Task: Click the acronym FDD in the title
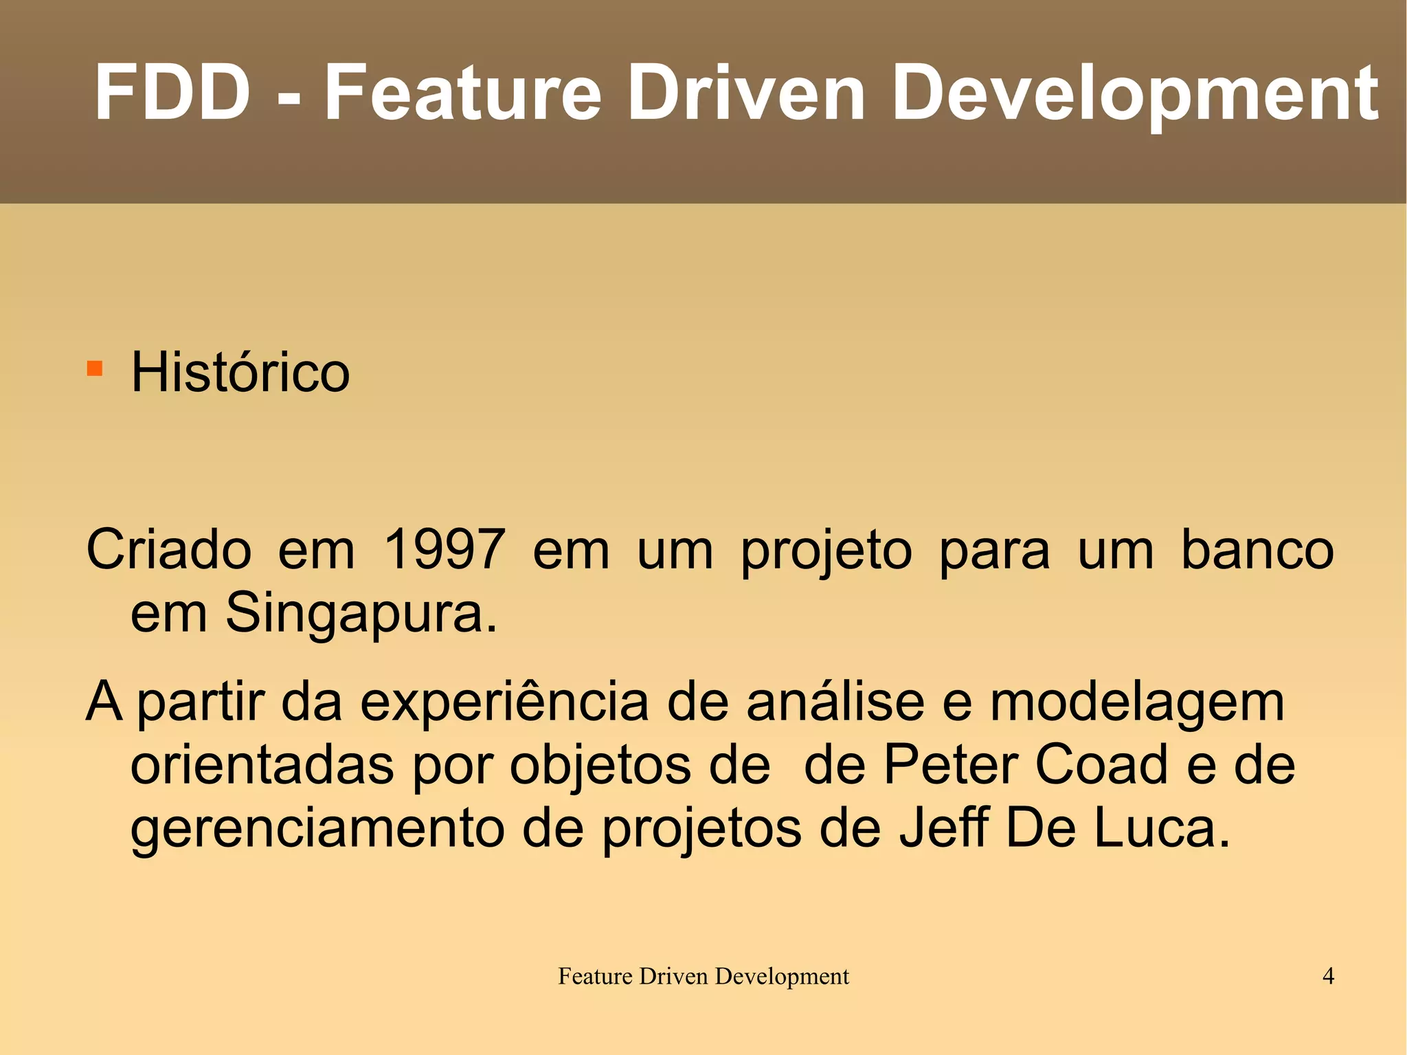(x=172, y=93)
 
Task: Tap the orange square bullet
(x=95, y=369)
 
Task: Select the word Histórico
(x=240, y=373)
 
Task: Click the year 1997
(x=444, y=550)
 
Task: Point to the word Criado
(x=169, y=550)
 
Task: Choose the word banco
(x=1257, y=550)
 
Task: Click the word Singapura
(x=361, y=613)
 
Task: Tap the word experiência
(x=504, y=702)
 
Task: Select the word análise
(x=835, y=702)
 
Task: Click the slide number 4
(x=1328, y=976)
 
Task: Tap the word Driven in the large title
(x=746, y=93)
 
